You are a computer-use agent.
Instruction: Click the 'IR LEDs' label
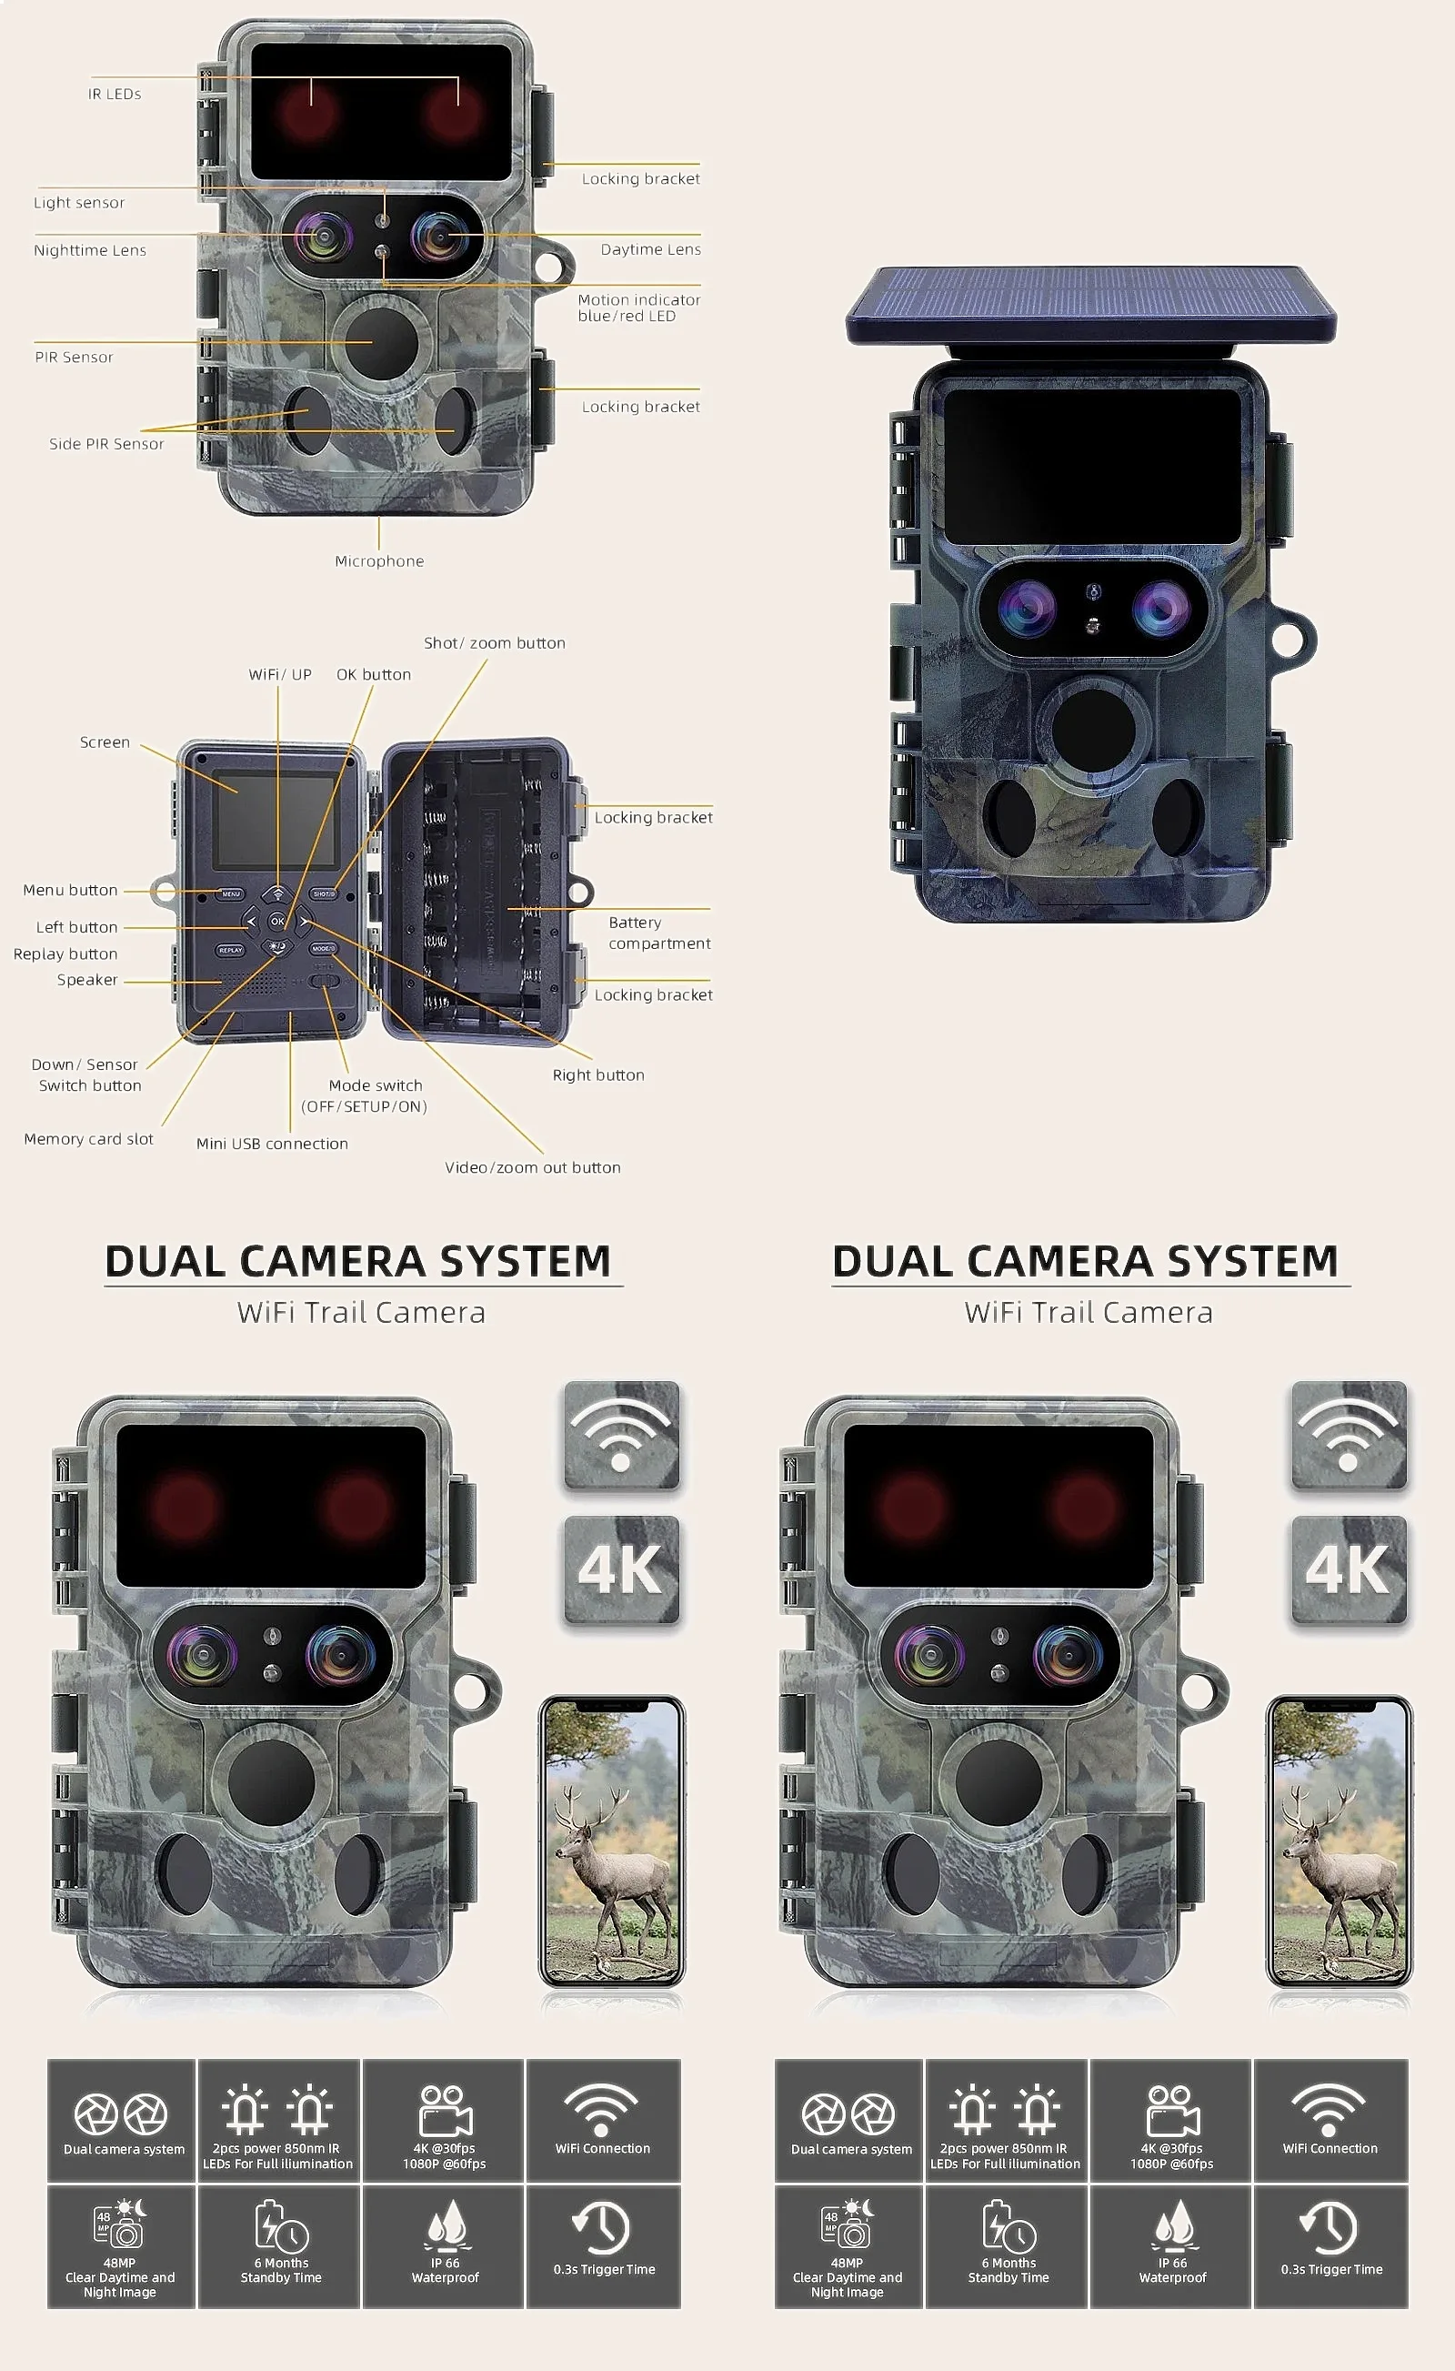[115, 95]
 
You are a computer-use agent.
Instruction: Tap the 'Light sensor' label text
[79, 203]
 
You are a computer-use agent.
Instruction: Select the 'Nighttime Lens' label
[90, 250]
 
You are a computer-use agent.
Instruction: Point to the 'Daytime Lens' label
[650, 249]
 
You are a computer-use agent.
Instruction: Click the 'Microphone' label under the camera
[379, 561]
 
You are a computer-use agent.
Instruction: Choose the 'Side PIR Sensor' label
[106, 444]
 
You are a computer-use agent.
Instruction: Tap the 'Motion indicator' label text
[639, 300]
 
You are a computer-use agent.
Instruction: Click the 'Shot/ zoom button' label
[495, 643]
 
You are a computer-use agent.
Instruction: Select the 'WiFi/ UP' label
[280, 675]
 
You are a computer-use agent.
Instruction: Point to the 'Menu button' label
[70, 891]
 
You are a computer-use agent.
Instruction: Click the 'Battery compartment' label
[659, 933]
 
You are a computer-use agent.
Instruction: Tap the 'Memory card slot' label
[88, 1139]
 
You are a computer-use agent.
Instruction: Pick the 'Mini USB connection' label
[272, 1144]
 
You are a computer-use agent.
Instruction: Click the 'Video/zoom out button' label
[532, 1167]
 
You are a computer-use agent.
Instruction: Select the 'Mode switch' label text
[376, 1085]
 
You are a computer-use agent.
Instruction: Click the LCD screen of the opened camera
[275, 819]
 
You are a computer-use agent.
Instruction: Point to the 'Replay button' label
[65, 954]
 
